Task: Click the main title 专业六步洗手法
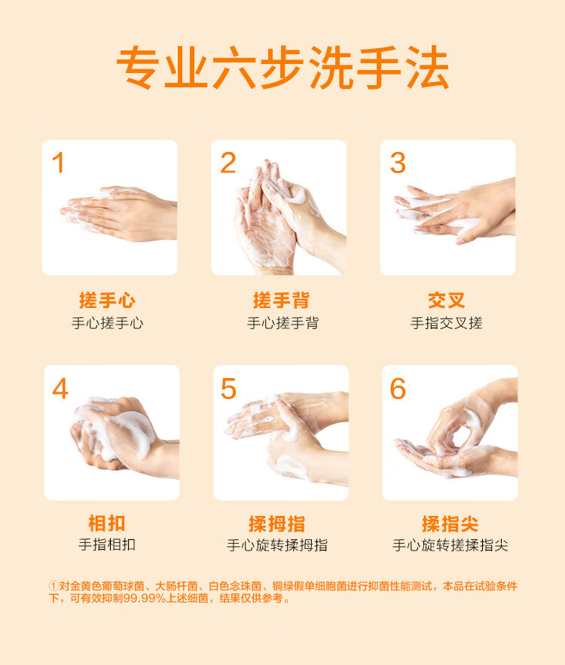pyautogui.click(x=282, y=68)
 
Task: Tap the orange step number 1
pyautogui.click(x=59, y=163)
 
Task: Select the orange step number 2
pyautogui.click(x=228, y=163)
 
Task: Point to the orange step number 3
pyautogui.click(x=398, y=163)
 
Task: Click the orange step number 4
pyautogui.click(x=60, y=389)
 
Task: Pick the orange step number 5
pyautogui.click(x=228, y=389)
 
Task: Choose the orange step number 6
pyautogui.click(x=398, y=389)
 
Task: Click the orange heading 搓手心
pyautogui.click(x=107, y=300)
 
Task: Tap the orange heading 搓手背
pyautogui.click(x=281, y=300)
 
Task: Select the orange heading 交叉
pyautogui.click(x=447, y=300)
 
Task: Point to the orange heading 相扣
pyautogui.click(x=107, y=523)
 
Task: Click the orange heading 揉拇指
pyautogui.click(x=277, y=523)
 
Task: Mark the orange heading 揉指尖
pyautogui.click(x=450, y=523)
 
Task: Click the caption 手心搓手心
pyautogui.click(x=107, y=323)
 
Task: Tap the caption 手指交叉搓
pyautogui.click(x=447, y=323)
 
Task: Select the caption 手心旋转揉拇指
pyautogui.click(x=277, y=545)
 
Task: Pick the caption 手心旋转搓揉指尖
pyautogui.click(x=450, y=545)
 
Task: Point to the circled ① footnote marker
pyautogui.click(x=53, y=586)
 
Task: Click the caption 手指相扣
pyautogui.click(x=107, y=545)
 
